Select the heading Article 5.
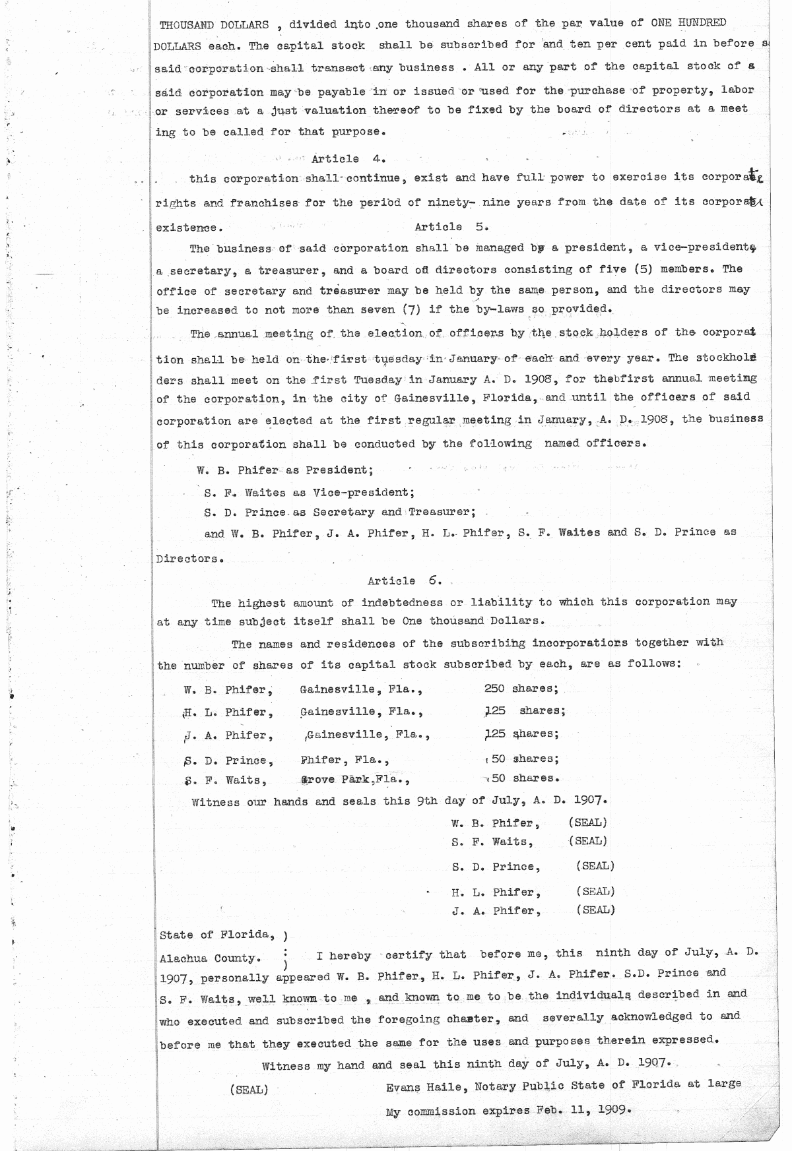coord(451,227)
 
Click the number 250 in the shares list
coord(494,689)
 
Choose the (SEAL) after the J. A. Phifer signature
coord(595,910)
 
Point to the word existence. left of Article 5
coord(189,228)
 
